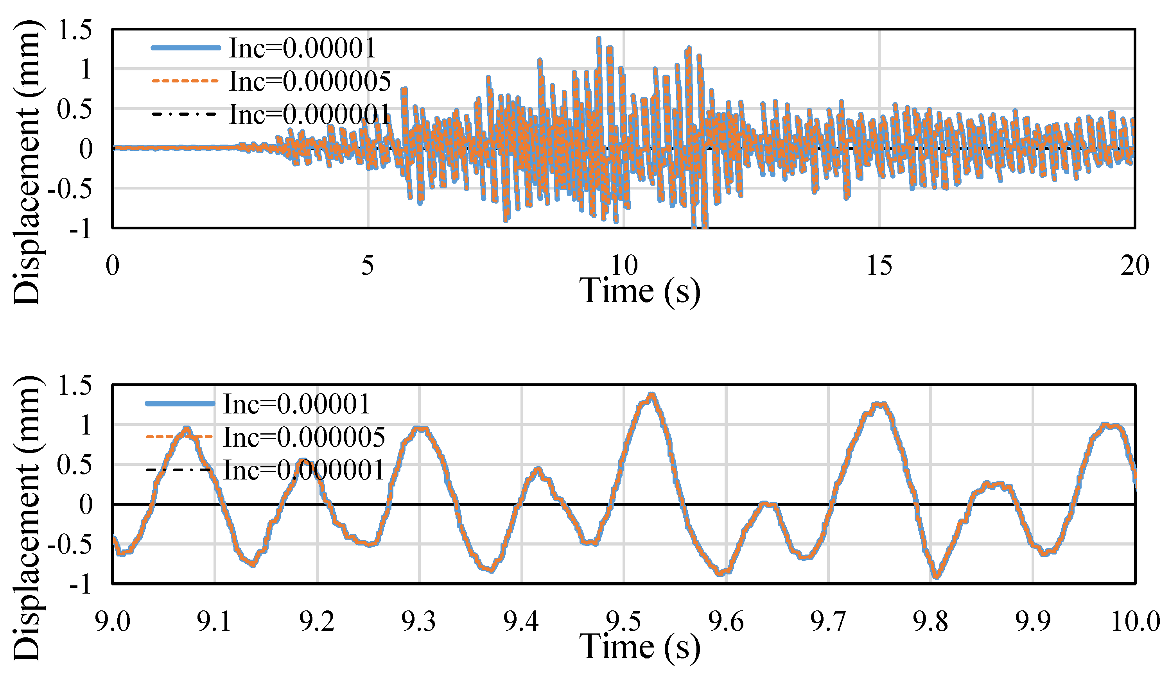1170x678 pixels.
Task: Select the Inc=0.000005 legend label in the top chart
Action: (310, 81)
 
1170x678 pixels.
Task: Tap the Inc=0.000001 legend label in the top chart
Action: (310, 114)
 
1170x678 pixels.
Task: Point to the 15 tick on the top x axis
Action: (879, 266)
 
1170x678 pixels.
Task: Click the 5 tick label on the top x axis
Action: (367, 266)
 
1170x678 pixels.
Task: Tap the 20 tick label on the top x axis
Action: (1134, 266)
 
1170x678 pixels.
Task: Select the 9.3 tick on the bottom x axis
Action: (419, 621)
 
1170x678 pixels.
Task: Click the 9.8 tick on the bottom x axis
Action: (930, 621)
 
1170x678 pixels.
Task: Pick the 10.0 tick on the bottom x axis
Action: (1135, 621)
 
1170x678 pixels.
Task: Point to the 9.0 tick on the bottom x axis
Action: (112, 621)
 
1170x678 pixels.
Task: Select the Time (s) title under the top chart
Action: (640, 291)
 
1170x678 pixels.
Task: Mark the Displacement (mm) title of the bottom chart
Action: (27, 518)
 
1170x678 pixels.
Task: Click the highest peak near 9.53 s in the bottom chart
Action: (652, 395)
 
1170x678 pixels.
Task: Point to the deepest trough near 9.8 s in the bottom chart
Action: (937, 577)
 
